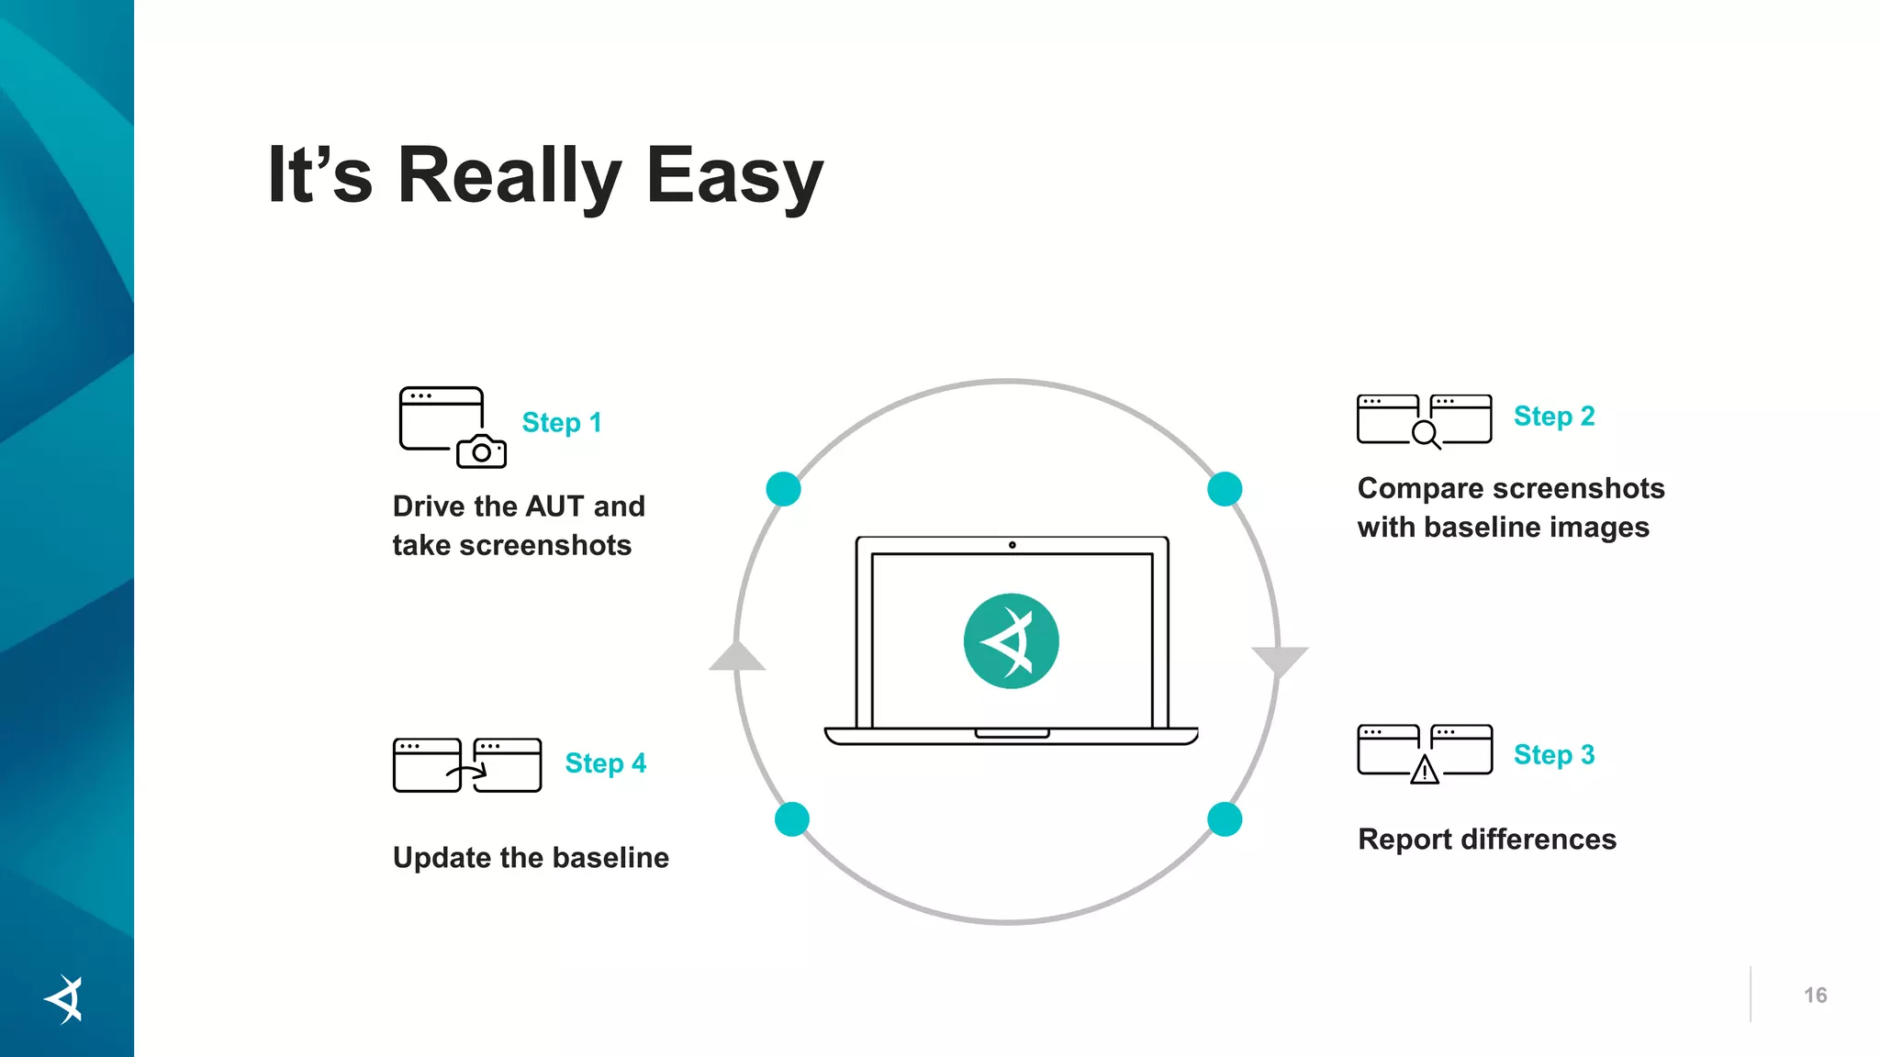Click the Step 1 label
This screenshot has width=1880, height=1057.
(x=562, y=422)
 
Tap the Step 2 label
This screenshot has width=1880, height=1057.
(x=1554, y=416)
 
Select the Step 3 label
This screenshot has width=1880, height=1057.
(x=1554, y=754)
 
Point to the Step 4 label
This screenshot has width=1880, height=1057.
(x=605, y=762)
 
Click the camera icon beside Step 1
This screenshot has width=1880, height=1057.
(x=481, y=451)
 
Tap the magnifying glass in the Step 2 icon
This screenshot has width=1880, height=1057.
(x=1426, y=433)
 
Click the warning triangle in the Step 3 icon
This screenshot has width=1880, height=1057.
(x=1425, y=771)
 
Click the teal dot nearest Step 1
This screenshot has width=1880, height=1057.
(x=783, y=489)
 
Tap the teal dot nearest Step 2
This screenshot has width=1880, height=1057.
(x=1225, y=489)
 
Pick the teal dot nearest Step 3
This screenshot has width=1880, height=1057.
(x=1225, y=819)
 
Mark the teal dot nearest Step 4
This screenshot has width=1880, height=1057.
(x=792, y=819)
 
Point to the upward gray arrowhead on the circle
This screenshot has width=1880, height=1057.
(x=737, y=657)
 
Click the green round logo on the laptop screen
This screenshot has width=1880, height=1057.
(x=1011, y=641)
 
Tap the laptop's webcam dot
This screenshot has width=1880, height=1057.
(x=1012, y=545)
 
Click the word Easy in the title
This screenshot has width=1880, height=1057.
(x=734, y=176)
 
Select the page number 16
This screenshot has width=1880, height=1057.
(x=1815, y=996)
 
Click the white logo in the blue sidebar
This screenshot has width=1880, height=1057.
(x=65, y=999)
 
